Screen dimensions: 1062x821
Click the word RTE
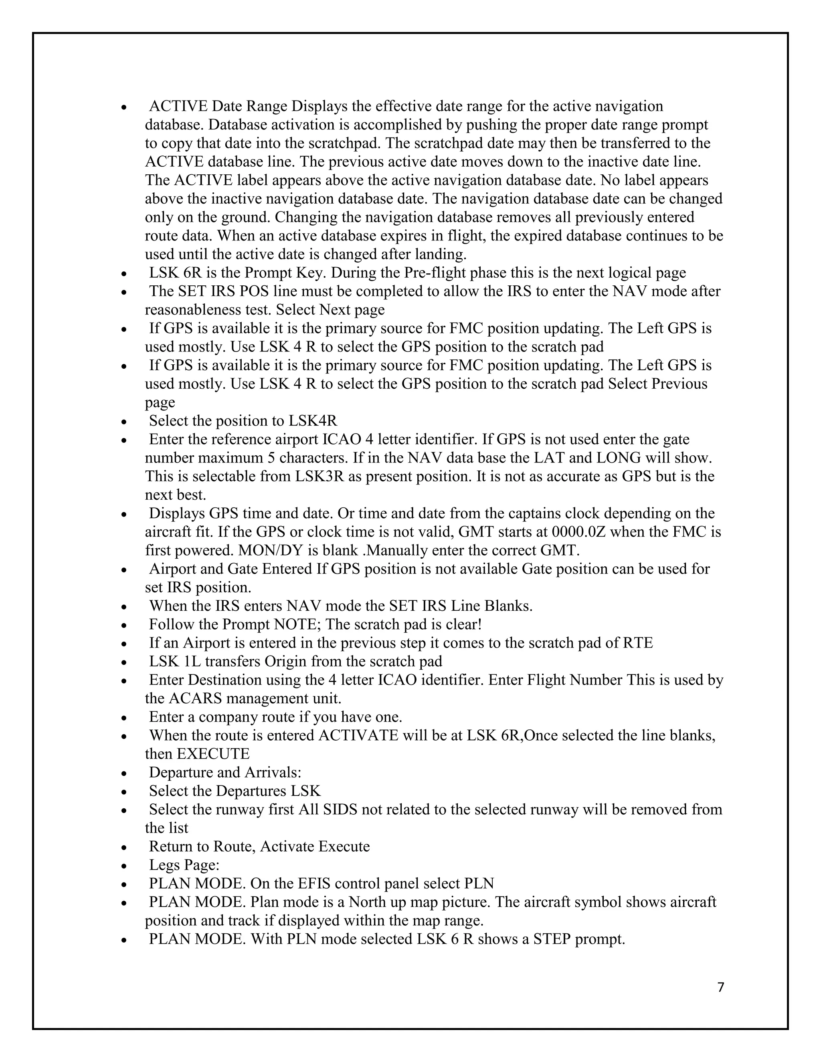638,642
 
